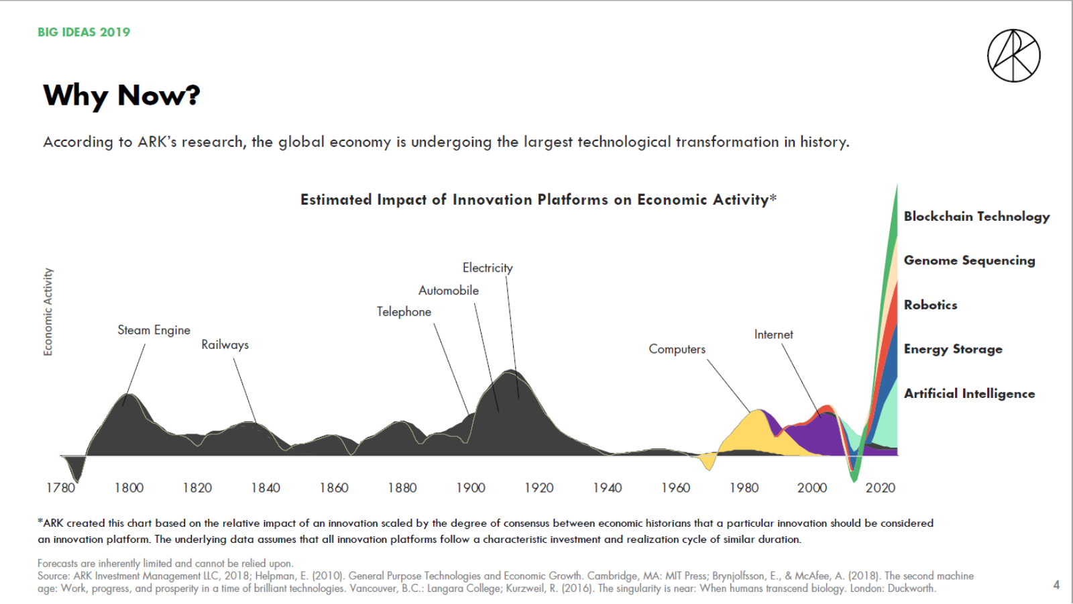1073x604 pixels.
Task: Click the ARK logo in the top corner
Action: click(x=1013, y=56)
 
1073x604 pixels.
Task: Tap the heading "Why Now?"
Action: click(x=121, y=95)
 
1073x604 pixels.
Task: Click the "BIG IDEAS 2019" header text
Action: click(x=84, y=32)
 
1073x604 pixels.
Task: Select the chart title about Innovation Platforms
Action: click(x=538, y=200)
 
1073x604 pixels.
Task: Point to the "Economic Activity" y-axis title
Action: click(x=48, y=311)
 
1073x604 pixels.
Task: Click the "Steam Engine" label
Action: click(x=154, y=330)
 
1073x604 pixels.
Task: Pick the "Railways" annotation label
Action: click(x=225, y=345)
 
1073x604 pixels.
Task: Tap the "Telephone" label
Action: click(x=404, y=312)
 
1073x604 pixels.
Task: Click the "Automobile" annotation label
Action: click(x=449, y=291)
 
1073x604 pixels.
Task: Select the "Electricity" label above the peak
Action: click(x=488, y=268)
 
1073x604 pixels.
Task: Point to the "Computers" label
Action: click(x=677, y=349)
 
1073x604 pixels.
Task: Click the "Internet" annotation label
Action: click(x=773, y=334)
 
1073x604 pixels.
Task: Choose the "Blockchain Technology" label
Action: click(x=976, y=216)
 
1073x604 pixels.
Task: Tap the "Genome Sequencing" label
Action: click(x=969, y=260)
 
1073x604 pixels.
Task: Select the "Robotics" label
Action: click(x=930, y=305)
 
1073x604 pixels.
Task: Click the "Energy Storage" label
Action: click(x=953, y=349)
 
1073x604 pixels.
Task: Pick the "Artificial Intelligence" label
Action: click(x=969, y=394)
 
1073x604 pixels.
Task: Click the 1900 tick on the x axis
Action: click(x=471, y=488)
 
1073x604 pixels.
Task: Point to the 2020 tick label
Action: click(x=880, y=488)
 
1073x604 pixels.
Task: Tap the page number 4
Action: click(x=1056, y=585)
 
